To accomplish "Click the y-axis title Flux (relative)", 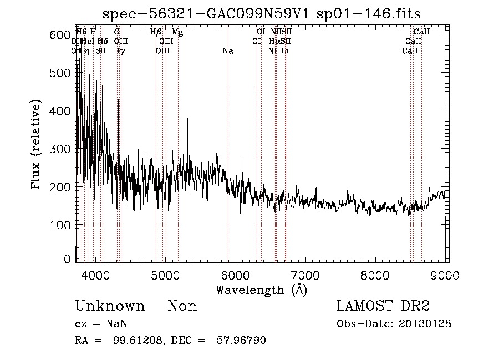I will click(x=37, y=145).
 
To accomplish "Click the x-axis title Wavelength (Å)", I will click(x=261, y=290).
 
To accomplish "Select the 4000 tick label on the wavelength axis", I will click(x=96, y=273).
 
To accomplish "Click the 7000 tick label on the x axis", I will click(x=305, y=273).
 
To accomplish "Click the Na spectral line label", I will click(x=228, y=51).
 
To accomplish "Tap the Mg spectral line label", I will click(x=177, y=32).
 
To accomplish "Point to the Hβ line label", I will click(x=156, y=32).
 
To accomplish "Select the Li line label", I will click(x=284, y=51).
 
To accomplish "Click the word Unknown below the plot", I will click(x=110, y=306).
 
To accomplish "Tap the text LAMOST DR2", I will click(x=383, y=306).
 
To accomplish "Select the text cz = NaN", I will click(x=102, y=324).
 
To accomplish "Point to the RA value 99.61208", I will click(x=139, y=341).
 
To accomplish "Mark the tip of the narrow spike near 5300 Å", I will click(x=187, y=119).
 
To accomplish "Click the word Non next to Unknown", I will click(x=182, y=306).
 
